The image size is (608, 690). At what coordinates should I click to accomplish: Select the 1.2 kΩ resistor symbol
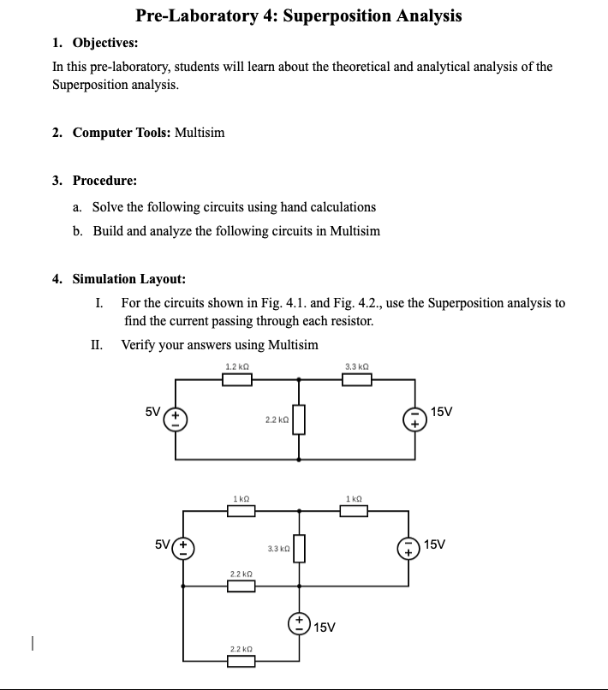coord(237,379)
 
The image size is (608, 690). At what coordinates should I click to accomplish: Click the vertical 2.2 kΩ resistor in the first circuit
coord(299,419)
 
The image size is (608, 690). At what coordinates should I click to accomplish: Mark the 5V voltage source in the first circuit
coord(176,419)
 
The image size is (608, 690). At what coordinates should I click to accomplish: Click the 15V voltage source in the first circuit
coord(414,419)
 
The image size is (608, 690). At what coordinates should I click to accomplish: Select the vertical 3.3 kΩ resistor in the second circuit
coord(299,547)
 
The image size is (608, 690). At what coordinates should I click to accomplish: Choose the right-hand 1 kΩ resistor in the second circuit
coord(354,511)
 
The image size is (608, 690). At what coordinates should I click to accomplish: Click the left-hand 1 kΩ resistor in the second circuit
coord(241,511)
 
